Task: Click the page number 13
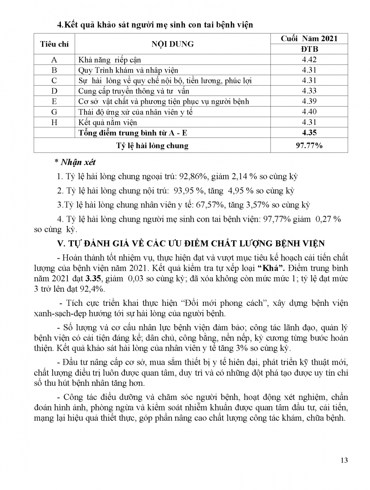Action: pyautogui.click(x=344, y=461)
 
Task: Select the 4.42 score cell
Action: pyautogui.click(x=309, y=60)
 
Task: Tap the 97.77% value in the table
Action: pyautogui.click(x=309, y=145)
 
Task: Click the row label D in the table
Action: pyautogui.click(x=54, y=91)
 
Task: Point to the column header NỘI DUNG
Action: pyautogui.click(x=173, y=44)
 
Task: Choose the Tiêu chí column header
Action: pyautogui.click(x=54, y=44)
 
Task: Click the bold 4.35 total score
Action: pyautogui.click(x=309, y=133)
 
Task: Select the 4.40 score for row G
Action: pyautogui.click(x=309, y=112)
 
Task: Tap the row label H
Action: pyautogui.click(x=54, y=122)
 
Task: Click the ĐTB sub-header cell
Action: pyautogui.click(x=309, y=49)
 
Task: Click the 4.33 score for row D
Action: pyautogui.click(x=309, y=91)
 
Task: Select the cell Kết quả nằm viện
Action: pyautogui.click(x=108, y=122)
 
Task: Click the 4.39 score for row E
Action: pyautogui.click(x=309, y=101)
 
